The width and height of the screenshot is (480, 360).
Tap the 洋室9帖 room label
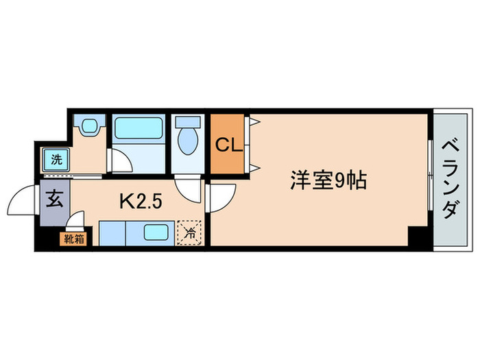(328, 181)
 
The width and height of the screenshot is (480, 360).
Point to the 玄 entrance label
(55, 202)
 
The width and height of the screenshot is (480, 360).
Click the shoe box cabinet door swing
(76, 221)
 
